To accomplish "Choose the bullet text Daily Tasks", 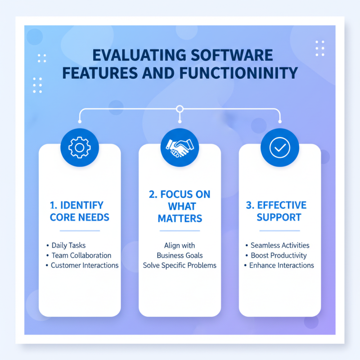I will point(68,246).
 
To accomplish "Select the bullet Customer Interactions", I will point(85,265).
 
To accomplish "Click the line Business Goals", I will point(180,256).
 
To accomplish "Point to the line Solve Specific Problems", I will point(180,265).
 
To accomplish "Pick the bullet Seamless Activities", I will point(280,246).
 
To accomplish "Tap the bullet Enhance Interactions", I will point(282,265).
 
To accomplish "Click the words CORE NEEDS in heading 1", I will point(80,217).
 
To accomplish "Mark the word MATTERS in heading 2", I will point(180,219).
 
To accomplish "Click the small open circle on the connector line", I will point(180,109).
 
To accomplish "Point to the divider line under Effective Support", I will point(279,231).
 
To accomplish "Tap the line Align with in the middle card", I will point(180,246).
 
